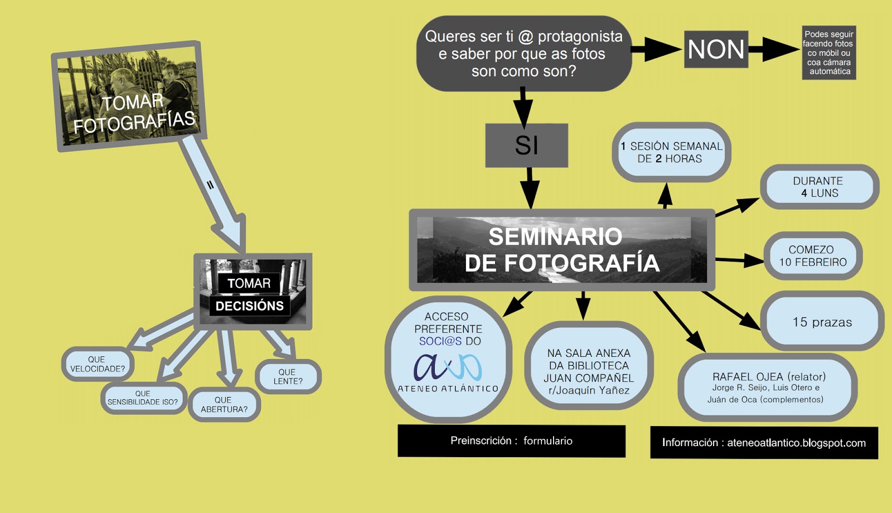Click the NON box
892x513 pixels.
pyautogui.click(x=716, y=50)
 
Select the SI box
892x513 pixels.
pyautogui.click(x=526, y=146)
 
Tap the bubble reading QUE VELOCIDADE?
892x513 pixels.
pyautogui.click(x=98, y=364)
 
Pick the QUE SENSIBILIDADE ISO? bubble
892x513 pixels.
pyautogui.click(x=143, y=398)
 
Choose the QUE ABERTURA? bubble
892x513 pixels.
pyautogui.click(x=224, y=404)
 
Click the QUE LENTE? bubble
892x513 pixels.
pyautogui.click(x=288, y=376)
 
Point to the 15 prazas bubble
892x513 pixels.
pyautogui.click(x=822, y=322)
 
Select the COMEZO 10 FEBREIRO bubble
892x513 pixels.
pyautogui.click(x=812, y=256)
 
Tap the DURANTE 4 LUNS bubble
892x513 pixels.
pyautogui.click(x=818, y=187)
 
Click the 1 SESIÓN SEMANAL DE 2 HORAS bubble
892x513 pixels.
pyautogui.click(x=671, y=152)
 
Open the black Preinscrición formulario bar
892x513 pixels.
pyautogui.click(x=511, y=441)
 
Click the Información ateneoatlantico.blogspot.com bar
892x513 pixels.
pyautogui.click(x=764, y=443)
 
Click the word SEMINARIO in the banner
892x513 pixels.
pyautogui.click(x=555, y=236)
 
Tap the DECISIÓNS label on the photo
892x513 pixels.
pyautogui.click(x=249, y=306)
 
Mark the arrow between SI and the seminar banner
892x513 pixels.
pyautogui.click(x=529, y=187)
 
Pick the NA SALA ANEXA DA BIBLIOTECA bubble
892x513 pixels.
pyautogui.click(x=589, y=371)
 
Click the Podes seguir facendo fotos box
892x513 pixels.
pyautogui.click(x=828, y=52)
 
